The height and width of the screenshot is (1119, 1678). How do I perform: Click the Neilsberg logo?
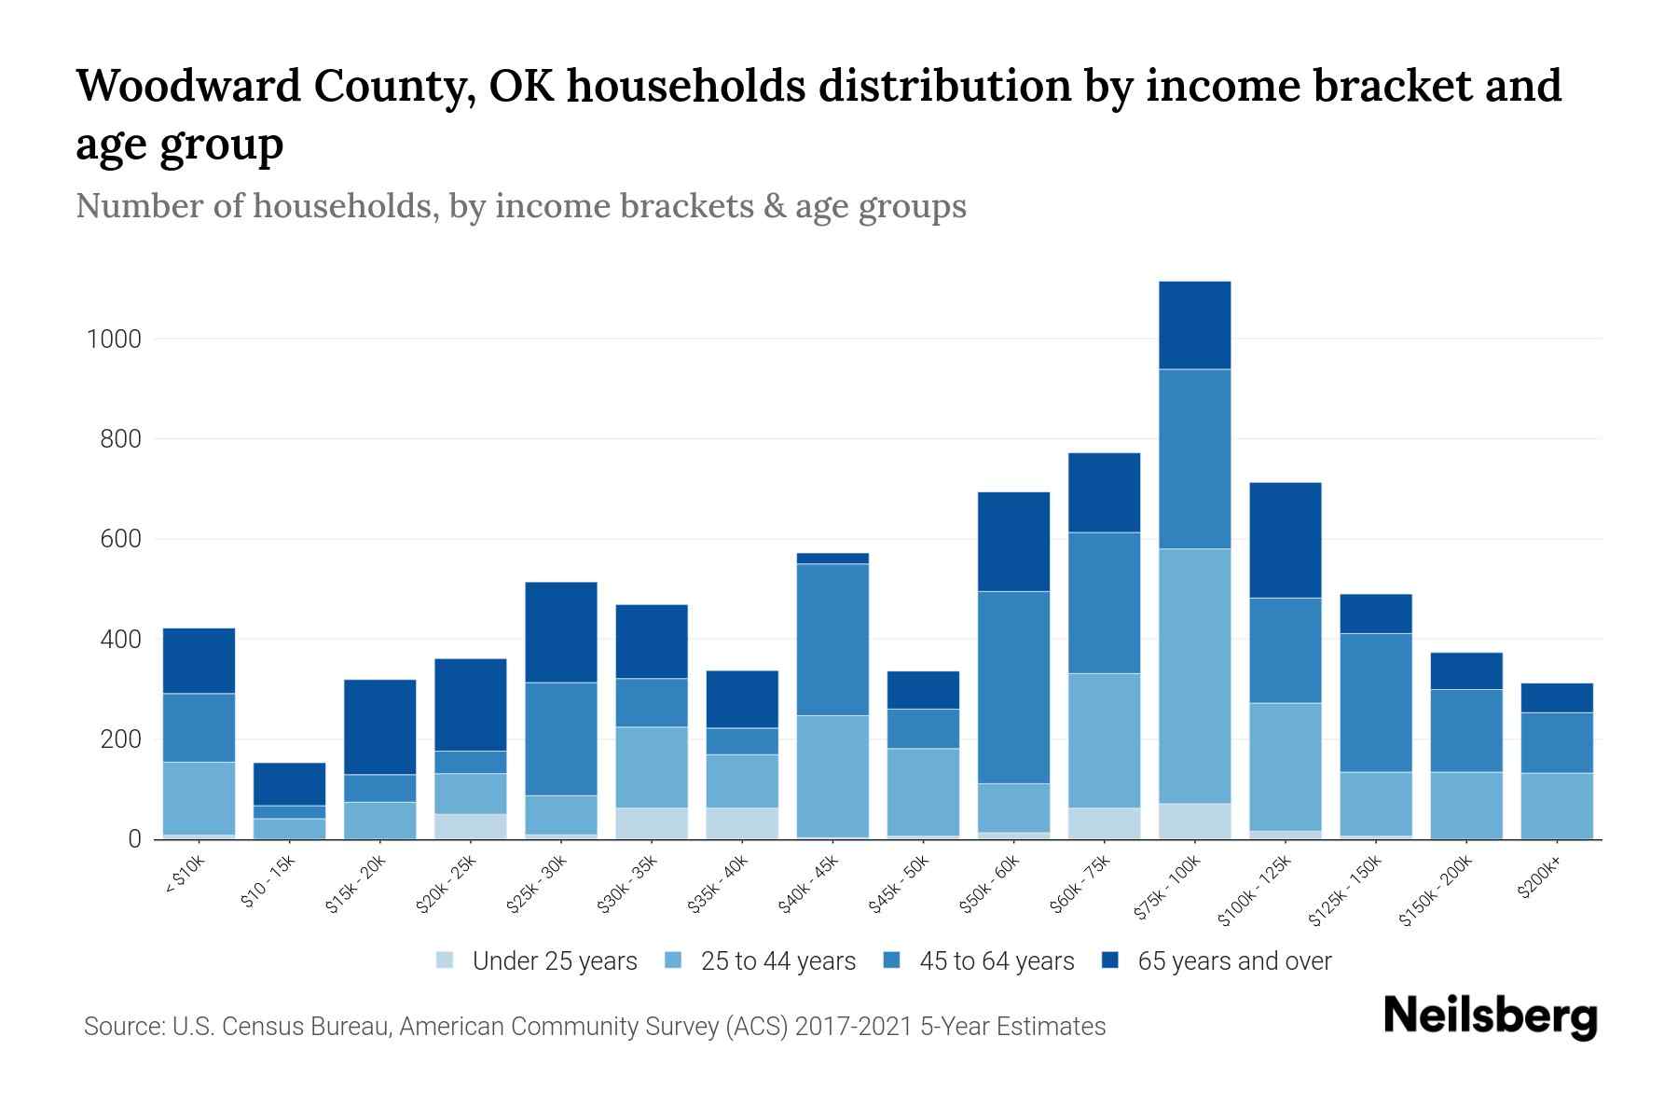coord(1490,1017)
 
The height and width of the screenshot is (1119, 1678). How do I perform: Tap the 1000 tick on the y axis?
coord(114,339)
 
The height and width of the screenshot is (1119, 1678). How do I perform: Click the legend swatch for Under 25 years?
coord(446,960)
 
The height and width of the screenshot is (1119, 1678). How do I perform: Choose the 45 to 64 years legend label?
coord(997,961)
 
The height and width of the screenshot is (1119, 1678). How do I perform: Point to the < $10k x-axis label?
coord(185,877)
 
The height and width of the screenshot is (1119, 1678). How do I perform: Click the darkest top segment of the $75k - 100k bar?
coord(1194,325)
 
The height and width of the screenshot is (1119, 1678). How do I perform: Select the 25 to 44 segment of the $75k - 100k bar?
coord(1194,676)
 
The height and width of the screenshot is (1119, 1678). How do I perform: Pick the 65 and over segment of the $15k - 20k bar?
coord(379,727)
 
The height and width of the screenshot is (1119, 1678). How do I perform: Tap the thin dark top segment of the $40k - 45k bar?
coord(832,559)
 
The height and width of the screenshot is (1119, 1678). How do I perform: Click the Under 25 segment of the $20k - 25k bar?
coord(470,826)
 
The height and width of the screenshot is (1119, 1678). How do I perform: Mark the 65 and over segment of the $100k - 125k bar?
coord(1285,540)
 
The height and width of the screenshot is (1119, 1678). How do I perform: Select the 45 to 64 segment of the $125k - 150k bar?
coord(1375,703)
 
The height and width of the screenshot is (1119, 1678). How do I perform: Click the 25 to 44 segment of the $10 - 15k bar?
coord(289,828)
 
